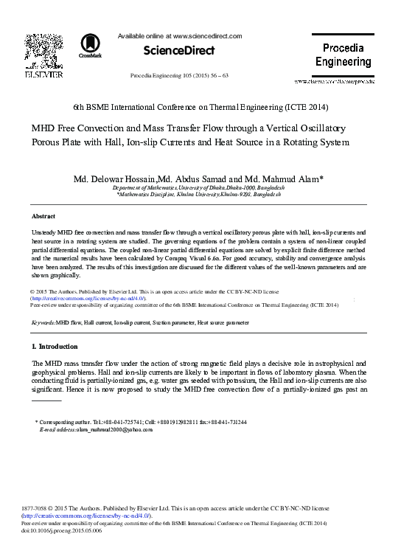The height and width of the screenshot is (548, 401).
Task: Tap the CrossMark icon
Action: pos(93,45)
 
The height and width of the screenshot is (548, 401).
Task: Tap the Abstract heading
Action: pos(44,216)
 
